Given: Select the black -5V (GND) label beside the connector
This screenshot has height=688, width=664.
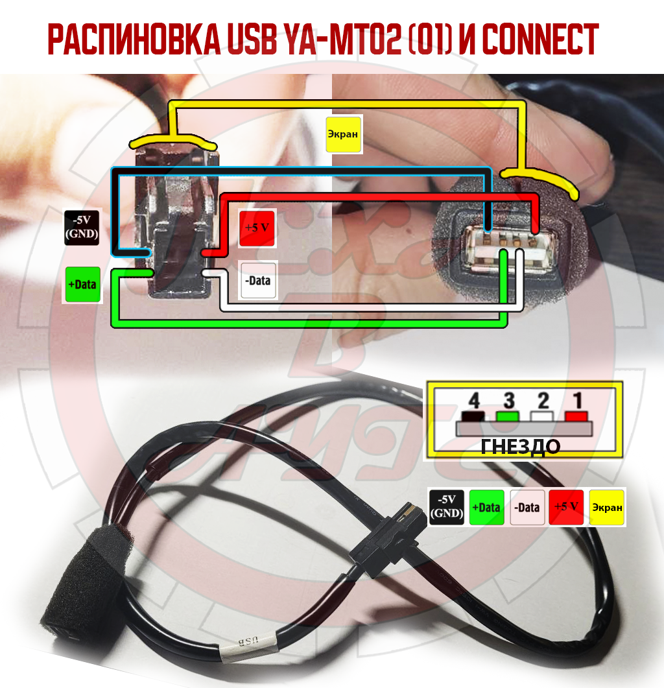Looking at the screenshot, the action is pos(82,228).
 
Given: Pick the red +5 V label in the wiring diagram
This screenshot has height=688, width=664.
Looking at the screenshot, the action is pos(257,228).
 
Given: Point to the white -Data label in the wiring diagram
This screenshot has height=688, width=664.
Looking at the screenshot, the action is pos(258,280).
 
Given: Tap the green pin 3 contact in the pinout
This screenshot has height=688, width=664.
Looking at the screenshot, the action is pos(508,416).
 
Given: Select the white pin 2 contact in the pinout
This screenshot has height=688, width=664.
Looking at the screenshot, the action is pos(541,416).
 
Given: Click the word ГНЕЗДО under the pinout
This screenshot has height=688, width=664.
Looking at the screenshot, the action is pos(521,447).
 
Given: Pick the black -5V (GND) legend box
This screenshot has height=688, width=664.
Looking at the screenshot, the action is pos(447,507).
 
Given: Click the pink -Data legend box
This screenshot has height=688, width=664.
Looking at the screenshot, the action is pos(527,507).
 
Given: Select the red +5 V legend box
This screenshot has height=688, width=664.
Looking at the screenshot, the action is pos(567,507).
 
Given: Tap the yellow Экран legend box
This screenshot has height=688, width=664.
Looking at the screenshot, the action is pos(606,507).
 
